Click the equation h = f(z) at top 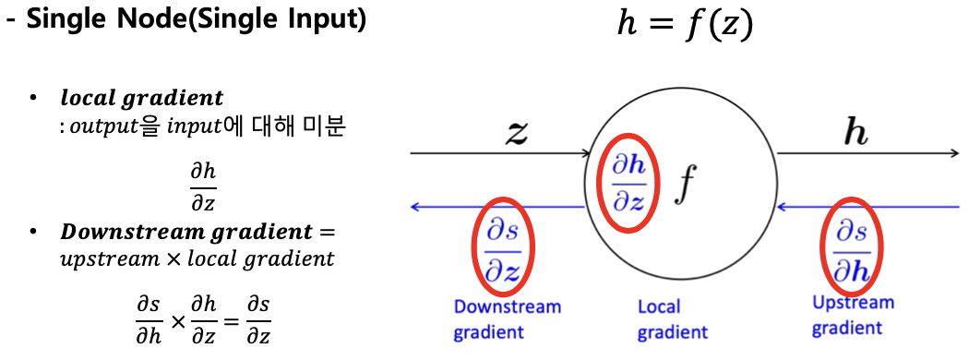coord(685,25)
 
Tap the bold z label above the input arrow coord(518,133)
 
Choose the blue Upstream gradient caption coord(853,315)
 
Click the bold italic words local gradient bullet coord(141,98)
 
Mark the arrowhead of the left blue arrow coord(416,207)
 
